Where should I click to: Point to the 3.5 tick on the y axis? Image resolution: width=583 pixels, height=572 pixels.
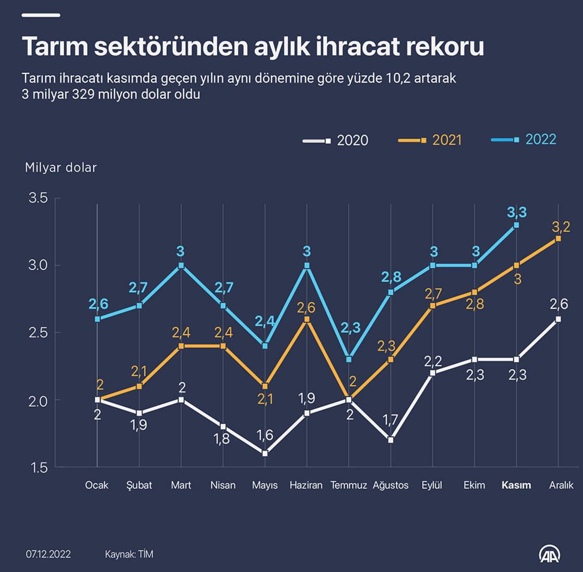pyautogui.click(x=38, y=198)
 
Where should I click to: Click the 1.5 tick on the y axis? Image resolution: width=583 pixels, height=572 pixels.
pyautogui.click(x=38, y=467)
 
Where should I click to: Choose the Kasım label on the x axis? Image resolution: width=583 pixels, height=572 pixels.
pyautogui.click(x=516, y=485)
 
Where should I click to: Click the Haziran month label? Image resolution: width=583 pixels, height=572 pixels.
pyautogui.click(x=306, y=485)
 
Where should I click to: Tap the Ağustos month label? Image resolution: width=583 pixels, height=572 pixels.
pyautogui.click(x=390, y=485)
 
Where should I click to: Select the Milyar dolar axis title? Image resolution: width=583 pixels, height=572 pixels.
pyautogui.click(x=61, y=167)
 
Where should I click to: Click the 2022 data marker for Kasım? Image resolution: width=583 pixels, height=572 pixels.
pyautogui.click(x=516, y=225)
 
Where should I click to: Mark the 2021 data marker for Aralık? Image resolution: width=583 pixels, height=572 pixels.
pyautogui.click(x=559, y=239)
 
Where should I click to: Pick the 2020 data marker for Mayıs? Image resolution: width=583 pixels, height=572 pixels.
pyautogui.click(x=265, y=453)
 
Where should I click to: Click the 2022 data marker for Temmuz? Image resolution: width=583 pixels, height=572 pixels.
pyautogui.click(x=349, y=359)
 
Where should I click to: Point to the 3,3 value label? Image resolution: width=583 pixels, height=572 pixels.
pyautogui.click(x=516, y=212)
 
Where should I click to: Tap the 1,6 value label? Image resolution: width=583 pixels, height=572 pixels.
pyautogui.click(x=265, y=435)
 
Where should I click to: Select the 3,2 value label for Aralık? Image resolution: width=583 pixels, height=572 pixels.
pyautogui.click(x=560, y=226)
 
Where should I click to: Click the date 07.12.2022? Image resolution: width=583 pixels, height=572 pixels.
pyautogui.click(x=48, y=554)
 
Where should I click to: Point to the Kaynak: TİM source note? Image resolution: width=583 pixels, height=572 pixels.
pyautogui.click(x=129, y=554)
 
